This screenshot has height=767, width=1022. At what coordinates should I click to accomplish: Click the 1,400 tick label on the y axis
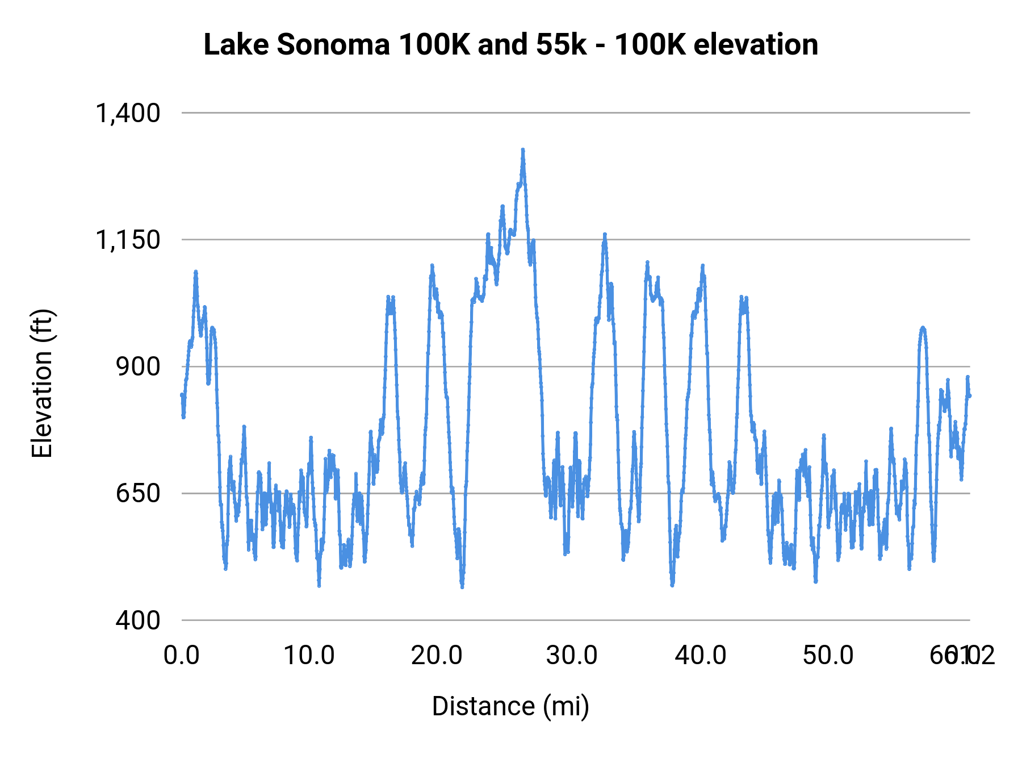(x=128, y=113)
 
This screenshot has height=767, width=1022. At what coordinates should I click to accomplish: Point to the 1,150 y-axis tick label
(x=128, y=240)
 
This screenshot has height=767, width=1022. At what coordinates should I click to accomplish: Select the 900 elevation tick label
(x=138, y=366)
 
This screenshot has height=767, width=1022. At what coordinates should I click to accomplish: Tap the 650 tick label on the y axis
(x=138, y=493)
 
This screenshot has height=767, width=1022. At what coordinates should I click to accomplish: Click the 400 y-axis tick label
(x=138, y=620)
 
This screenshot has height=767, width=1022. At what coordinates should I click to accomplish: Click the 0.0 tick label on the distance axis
(x=181, y=656)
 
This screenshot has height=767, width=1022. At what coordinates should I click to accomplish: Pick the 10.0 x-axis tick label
(x=309, y=656)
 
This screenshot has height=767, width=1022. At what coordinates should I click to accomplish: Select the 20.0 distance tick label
(x=437, y=656)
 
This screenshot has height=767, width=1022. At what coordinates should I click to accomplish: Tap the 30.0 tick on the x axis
(x=572, y=656)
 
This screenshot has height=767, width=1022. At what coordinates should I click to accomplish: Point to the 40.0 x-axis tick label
(x=700, y=656)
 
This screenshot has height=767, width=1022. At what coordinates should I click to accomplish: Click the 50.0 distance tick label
(x=828, y=656)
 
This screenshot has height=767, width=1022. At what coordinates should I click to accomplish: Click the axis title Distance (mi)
(x=510, y=706)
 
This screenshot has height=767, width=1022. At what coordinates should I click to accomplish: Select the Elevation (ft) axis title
(x=42, y=383)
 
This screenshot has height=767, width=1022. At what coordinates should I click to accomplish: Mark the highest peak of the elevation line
(x=523, y=150)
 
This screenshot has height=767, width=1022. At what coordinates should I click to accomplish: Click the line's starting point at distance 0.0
(x=182, y=395)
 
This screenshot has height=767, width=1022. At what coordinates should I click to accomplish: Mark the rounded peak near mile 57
(x=923, y=328)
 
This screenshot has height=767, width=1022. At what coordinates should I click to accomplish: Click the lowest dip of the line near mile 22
(x=462, y=587)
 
